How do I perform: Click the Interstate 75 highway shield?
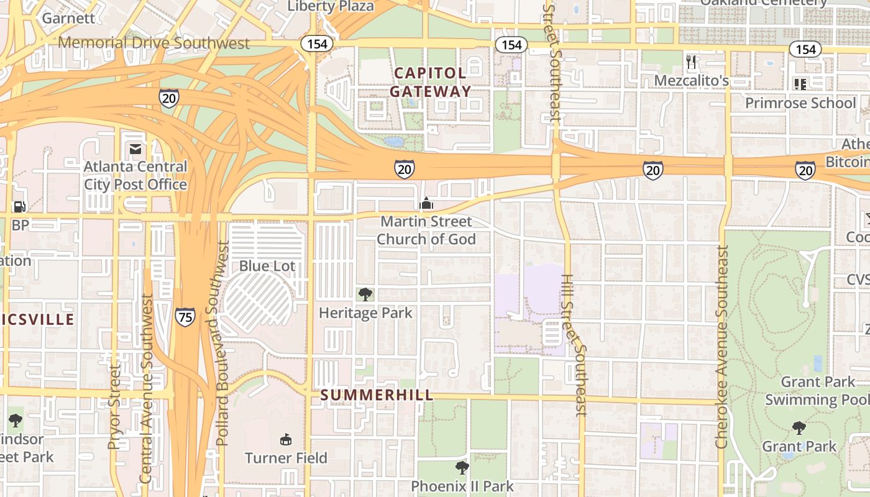point(185,317)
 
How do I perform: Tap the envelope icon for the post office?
point(135,149)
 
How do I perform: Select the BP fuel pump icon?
point(20,206)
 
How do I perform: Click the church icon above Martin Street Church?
point(426,203)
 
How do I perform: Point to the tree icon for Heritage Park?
point(365,294)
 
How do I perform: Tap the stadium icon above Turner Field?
point(286,440)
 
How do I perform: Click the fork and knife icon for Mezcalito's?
point(691,62)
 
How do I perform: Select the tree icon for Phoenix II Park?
point(462,467)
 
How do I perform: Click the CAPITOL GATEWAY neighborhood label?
point(431,82)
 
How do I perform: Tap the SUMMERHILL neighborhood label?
point(377,395)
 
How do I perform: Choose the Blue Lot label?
point(267,266)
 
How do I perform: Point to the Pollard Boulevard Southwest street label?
point(222,343)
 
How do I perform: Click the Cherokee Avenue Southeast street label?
point(721,347)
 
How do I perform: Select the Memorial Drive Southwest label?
point(153,43)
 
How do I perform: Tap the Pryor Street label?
point(114,407)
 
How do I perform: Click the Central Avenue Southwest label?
point(146,388)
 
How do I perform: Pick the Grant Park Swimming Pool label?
point(817,391)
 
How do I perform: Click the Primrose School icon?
point(800,84)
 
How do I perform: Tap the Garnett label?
point(68,18)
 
